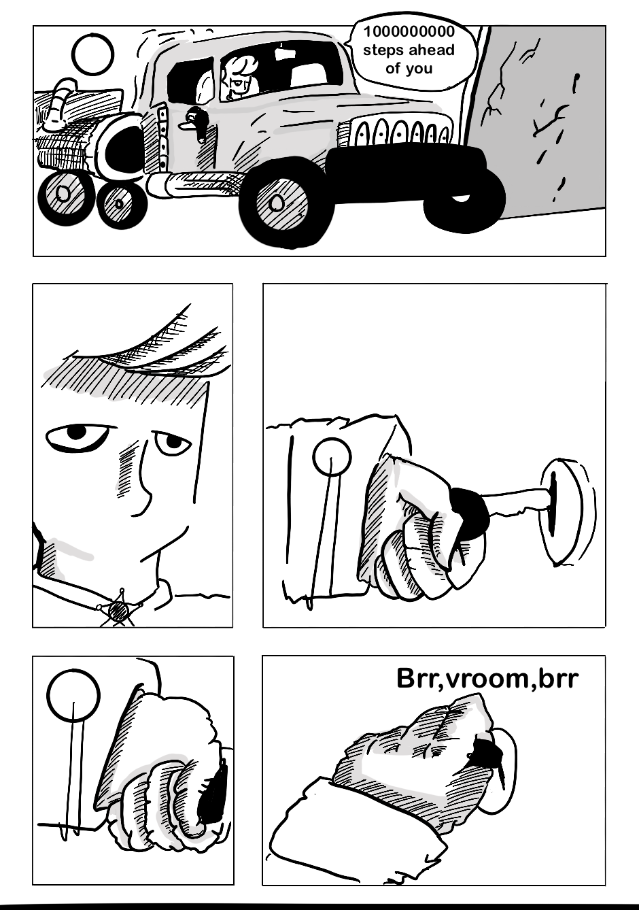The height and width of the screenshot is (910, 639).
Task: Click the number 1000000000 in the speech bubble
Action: [x=409, y=32]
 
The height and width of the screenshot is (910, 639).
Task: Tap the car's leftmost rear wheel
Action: [x=63, y=195]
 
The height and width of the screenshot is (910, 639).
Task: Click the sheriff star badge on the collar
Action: [x=120, y=609]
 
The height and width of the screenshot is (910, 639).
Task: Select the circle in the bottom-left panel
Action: [x=73, y=695]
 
